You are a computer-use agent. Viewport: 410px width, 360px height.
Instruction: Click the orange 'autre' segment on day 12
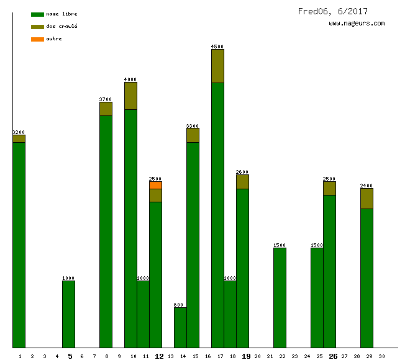155,185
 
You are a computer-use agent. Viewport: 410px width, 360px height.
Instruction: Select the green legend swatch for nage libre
37,14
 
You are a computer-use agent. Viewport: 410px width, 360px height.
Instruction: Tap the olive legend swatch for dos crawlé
37,27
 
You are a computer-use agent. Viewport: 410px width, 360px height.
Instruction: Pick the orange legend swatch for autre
37,39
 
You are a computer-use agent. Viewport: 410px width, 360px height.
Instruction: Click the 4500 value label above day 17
217,47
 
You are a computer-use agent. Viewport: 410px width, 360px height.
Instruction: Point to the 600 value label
179,305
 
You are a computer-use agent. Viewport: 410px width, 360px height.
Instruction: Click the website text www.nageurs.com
357,24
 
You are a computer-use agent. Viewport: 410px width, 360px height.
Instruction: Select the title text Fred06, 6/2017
332,11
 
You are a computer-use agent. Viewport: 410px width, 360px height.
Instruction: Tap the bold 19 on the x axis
246,356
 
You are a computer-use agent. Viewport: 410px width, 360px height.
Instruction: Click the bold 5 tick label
70,356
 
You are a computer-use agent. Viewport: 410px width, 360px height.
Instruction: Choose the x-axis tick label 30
381,356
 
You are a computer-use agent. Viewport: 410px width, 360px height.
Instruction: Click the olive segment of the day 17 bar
217,66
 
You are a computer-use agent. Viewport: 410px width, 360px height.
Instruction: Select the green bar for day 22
280,298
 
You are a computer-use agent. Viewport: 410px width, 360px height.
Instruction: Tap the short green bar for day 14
180,327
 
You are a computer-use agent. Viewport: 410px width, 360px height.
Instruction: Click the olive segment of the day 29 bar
367,198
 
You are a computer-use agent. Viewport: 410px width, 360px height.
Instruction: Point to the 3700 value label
106,99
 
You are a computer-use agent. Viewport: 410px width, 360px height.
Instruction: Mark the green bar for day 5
68,314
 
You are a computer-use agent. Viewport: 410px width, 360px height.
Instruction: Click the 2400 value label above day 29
367,186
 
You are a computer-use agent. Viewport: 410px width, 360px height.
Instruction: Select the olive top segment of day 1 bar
19,138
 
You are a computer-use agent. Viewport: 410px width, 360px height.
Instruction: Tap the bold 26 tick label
333,356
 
